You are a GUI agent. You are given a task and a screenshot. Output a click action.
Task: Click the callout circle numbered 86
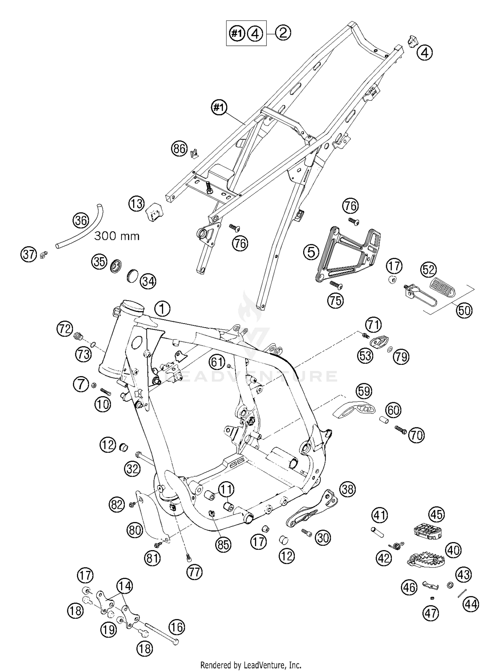(179, 148)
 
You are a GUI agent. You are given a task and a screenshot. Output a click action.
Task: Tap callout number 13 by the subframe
(137, 203)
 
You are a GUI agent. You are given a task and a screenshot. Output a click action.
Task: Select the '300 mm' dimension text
(116, 236)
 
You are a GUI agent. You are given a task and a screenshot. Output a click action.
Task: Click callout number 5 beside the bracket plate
(311, 252)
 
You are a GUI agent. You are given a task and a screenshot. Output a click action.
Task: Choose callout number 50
(464, 311)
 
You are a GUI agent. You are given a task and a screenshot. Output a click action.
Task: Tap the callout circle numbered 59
(364, 391)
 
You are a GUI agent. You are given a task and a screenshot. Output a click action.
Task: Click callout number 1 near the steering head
(162, 309)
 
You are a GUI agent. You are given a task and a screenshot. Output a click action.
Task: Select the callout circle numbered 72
(64, 329)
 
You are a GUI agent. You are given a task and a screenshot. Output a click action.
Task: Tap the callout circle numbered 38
(347, 490)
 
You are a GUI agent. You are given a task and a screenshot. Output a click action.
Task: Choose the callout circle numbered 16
(177, 627)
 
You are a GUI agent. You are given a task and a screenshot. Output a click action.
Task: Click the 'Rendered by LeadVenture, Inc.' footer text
(251, 665)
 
